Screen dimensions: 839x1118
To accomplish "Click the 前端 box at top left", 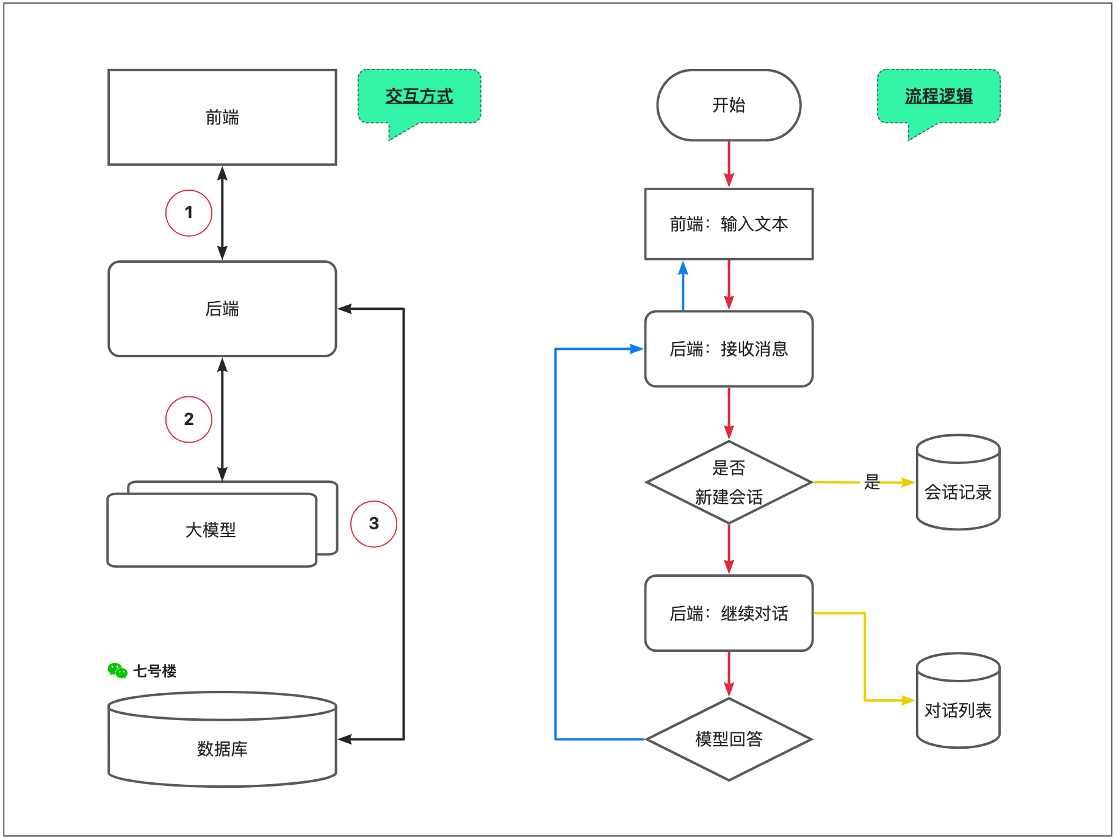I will point(222,117).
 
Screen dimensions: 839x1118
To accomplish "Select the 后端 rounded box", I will point(222,309).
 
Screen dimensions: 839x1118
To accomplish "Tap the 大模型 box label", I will point(211,530).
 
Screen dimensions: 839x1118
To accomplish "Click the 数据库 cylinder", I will point(222,748).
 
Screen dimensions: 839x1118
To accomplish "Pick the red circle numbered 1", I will point(189,213).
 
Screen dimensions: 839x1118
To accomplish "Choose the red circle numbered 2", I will point(189,419).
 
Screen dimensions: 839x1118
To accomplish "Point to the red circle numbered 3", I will point(373,524).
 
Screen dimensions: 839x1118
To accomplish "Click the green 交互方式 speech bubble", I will point(419,96).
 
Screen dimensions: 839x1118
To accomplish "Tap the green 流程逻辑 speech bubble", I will point(939,96).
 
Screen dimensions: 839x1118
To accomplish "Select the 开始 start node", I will point(729,105).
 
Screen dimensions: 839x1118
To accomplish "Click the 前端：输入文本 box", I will point(729,224).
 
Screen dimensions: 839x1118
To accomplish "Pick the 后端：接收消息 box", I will point(729,349).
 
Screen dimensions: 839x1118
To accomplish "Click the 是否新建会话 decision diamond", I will point(729,482).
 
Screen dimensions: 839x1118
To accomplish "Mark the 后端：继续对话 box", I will point(729,613).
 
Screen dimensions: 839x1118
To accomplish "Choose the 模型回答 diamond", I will point(729,739).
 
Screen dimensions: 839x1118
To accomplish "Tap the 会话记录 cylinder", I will point(958,491).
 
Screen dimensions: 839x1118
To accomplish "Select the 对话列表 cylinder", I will point(958,710).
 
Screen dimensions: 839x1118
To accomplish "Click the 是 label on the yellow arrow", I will point(872,482).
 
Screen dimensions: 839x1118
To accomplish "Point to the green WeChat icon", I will point(117,671).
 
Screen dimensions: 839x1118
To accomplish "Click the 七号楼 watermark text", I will point(155,671).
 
